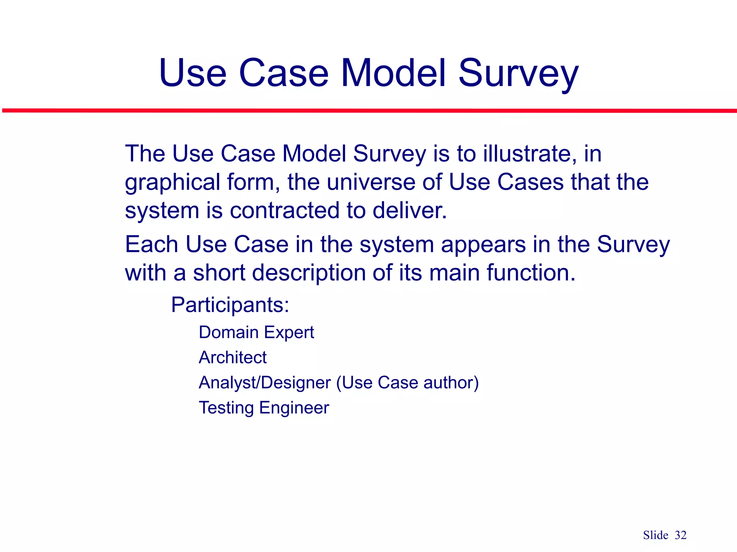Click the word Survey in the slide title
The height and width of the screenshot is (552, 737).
518,74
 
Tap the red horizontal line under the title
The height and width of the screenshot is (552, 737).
368,111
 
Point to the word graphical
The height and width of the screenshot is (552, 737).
172,182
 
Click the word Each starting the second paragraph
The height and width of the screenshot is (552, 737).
152,244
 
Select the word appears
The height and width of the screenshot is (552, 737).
483,245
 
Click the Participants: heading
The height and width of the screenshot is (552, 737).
230,305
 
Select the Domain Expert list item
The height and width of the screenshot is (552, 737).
256,332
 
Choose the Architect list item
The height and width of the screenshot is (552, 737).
232,358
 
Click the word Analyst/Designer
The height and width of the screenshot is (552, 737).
264,383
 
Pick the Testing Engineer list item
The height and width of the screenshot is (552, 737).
264,408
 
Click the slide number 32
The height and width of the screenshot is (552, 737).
681,535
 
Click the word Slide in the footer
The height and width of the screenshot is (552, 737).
656,535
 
